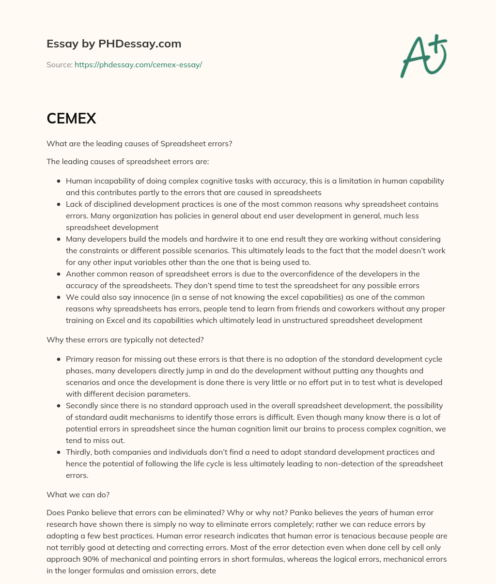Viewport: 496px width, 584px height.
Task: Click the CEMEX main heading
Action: click(71, 119)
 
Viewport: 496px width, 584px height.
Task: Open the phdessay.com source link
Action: click(138, 64)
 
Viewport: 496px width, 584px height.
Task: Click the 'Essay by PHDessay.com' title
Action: click(114, 44)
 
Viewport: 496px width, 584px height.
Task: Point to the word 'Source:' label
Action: click(59, 64)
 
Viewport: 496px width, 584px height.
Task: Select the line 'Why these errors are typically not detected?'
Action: click(125, 340)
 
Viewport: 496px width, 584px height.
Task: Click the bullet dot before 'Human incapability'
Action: click(59, 181)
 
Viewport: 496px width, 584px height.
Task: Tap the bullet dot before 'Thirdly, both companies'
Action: click(59, 452)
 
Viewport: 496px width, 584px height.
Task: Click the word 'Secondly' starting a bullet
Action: click(81, 406)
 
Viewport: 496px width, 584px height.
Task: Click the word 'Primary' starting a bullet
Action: click(79, 359)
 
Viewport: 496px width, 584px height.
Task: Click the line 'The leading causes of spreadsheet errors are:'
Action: click(127, 162)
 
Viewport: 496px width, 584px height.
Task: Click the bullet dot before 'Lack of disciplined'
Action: click(59, 204)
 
